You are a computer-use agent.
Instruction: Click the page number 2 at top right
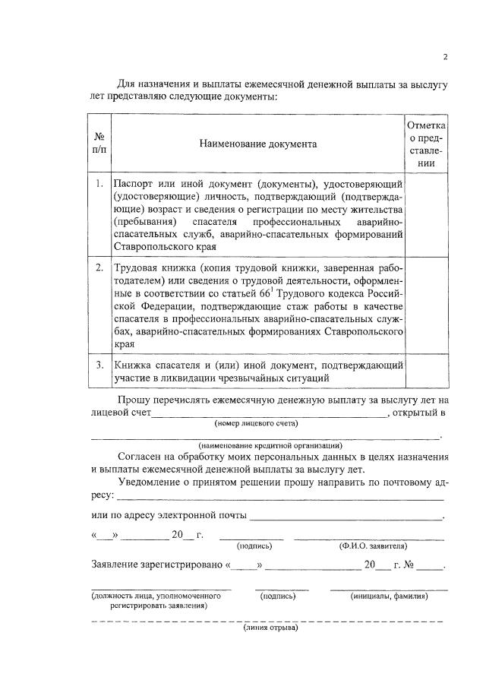point(446,57)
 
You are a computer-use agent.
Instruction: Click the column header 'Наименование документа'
point(258,144)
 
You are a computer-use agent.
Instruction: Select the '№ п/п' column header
point(99,144)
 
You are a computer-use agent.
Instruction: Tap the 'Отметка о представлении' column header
point(427,144)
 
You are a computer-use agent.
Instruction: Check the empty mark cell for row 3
point(427,371)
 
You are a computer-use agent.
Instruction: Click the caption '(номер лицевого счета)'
point(257,423)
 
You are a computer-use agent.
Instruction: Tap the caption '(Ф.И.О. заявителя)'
point(372,546)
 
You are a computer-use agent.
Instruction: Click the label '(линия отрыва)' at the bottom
point(270,628)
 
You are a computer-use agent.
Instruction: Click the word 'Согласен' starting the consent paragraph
point(141,457)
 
